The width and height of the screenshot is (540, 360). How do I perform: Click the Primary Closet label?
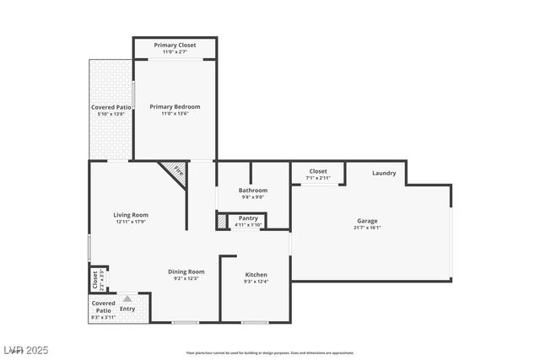point(175,45)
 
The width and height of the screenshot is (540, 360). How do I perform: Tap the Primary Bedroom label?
point(175,106)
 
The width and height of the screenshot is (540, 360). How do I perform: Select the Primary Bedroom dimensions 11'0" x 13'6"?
point(175,114)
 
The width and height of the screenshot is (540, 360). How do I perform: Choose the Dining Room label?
point(186,271)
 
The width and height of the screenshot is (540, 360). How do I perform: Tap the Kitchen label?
point(256,275)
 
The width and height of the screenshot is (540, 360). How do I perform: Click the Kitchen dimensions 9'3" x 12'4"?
point(256,282)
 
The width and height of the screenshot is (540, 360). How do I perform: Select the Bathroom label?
point(252,190)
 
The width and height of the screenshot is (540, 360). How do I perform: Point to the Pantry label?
point(248,218)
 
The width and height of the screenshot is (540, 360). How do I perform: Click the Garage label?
point(367,220)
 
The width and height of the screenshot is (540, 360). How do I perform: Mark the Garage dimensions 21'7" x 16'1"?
point(367,228)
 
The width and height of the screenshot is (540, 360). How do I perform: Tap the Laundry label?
point(384,173)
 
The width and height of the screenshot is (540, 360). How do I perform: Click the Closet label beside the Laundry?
point(317,170)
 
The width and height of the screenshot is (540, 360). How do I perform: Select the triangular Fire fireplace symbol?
point(175,170)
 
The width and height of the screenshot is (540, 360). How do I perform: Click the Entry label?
point(127,309)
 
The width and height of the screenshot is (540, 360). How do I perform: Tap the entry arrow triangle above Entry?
point(127,298)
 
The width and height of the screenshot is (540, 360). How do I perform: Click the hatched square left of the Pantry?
point(222,221)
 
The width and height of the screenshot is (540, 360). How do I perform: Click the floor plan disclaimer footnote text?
point(269,353)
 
